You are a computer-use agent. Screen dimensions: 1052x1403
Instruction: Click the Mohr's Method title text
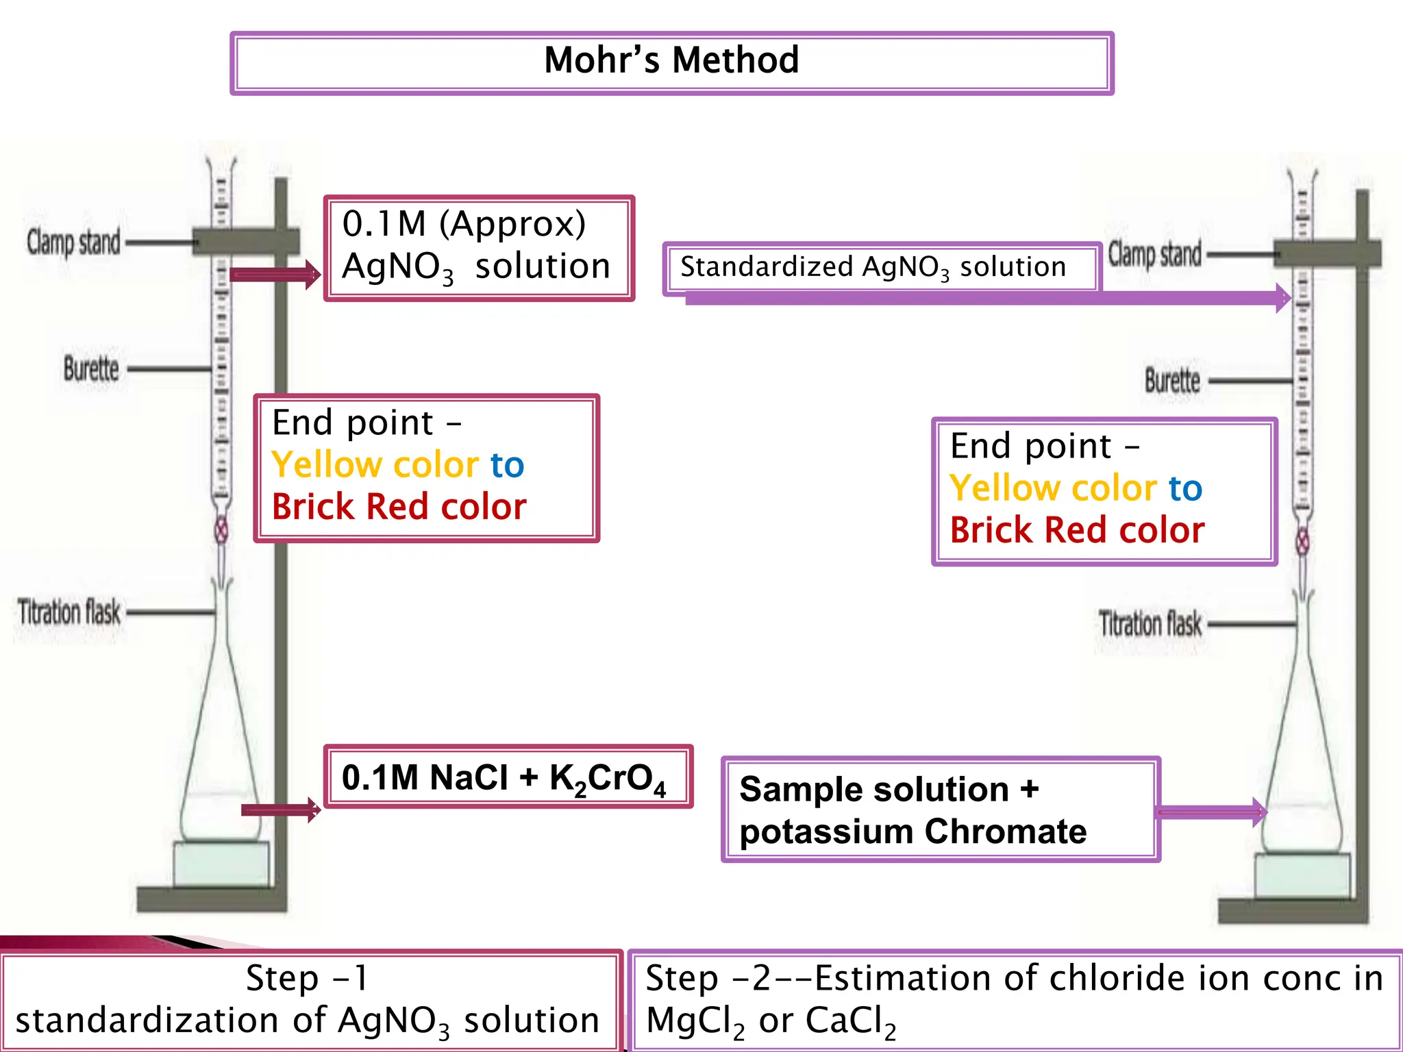point(671,60)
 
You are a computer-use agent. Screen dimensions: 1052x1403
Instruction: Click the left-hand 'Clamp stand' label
point(73,242)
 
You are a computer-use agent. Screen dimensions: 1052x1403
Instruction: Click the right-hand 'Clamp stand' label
point(1155,254)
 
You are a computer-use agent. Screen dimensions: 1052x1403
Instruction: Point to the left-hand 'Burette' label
point(91,368)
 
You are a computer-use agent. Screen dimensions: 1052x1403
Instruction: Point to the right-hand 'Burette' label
point(1172,381)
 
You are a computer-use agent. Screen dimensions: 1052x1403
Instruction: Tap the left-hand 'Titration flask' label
point(69,612)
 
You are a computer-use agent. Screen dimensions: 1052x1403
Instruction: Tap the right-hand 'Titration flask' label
point(1150,624)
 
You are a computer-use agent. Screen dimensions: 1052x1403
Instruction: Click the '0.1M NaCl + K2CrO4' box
point(507,777)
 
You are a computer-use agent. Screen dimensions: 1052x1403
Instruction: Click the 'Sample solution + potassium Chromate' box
point(940,810)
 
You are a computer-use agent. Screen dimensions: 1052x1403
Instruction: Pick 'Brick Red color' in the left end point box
point(399,507)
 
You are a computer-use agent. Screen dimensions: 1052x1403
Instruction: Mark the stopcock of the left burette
point(221,530)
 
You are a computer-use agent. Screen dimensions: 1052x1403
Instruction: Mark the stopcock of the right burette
point(1303,542)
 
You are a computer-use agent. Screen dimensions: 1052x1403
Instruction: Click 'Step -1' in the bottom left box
point(307,978)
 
